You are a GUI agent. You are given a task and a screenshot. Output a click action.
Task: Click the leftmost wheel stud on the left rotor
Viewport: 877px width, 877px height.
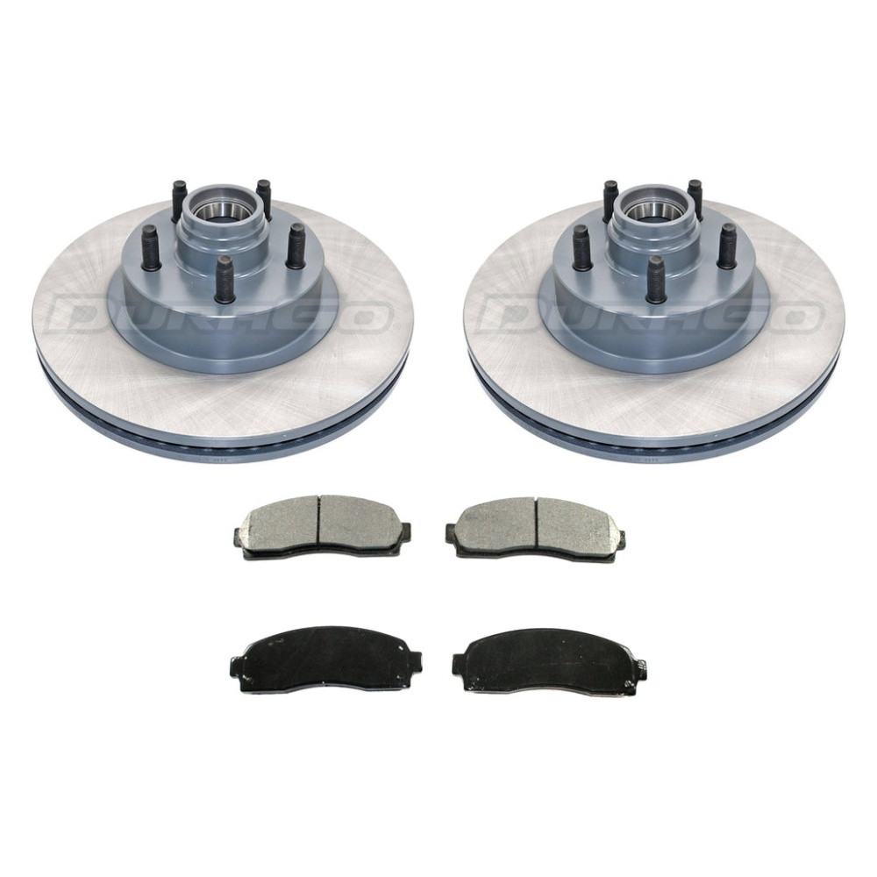[152, 246]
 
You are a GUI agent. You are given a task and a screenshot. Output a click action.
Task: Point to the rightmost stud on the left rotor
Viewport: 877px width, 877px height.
[295, 245]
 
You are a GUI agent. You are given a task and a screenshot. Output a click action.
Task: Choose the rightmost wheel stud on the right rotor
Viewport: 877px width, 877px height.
[726, 245]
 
